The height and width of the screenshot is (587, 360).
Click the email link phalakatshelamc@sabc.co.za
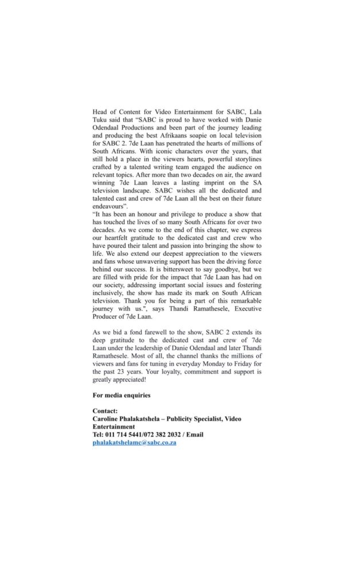(134, 443)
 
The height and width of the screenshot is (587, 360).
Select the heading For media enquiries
(122, 395)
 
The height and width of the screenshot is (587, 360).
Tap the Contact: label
(105, 410)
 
